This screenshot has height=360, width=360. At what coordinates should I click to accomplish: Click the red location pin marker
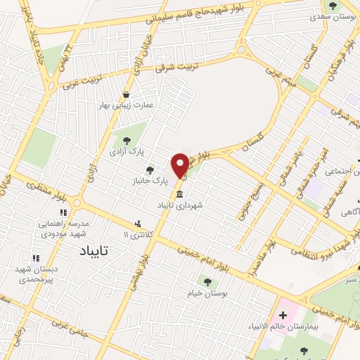coord(181,165)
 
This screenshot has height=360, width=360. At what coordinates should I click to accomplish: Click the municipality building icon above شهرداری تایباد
coord(181,194)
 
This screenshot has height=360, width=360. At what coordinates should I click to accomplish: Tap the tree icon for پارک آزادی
coord(127,141)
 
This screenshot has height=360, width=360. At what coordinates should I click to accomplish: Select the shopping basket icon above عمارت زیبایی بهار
coord(126,94)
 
